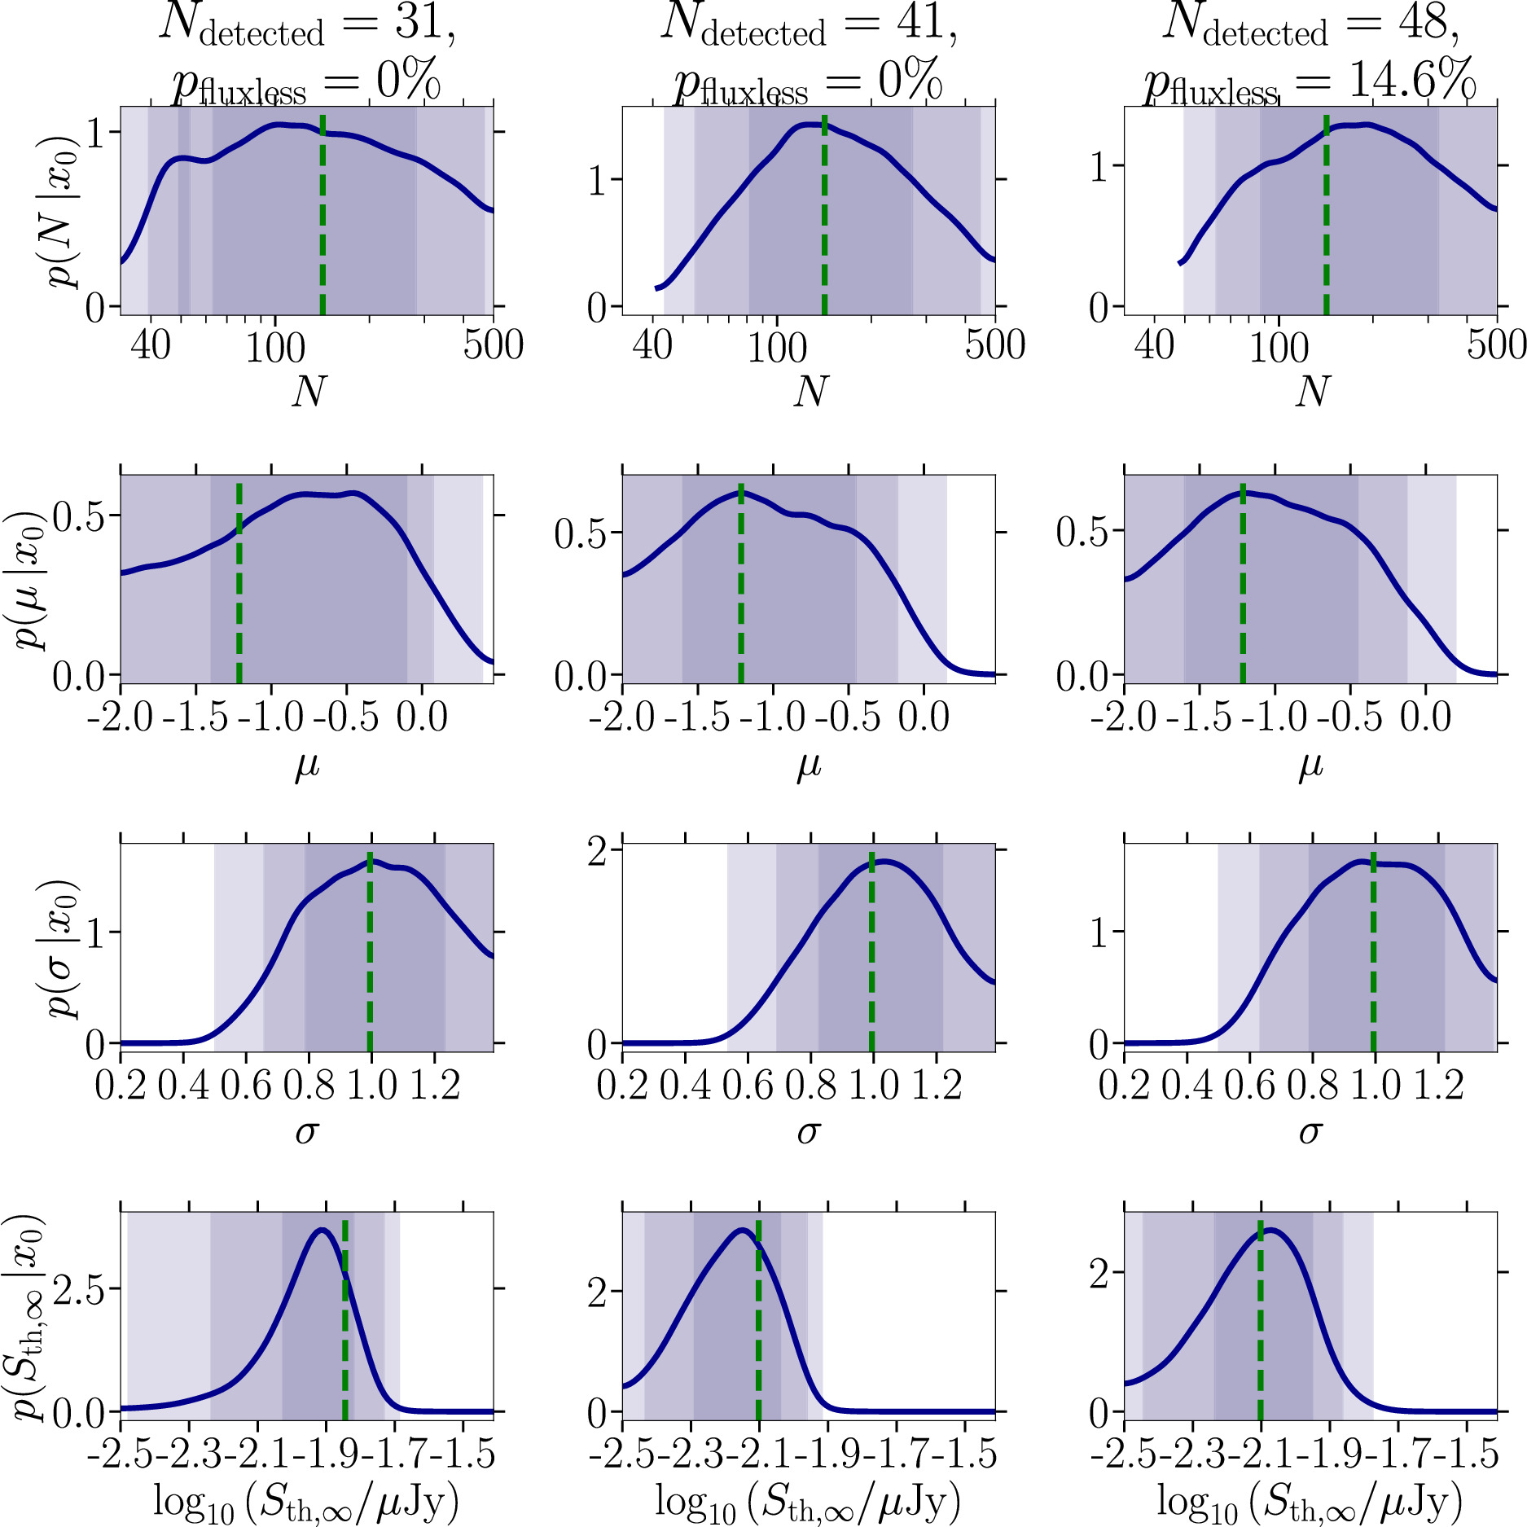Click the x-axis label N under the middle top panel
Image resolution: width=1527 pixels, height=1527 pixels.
(x=810, y=392)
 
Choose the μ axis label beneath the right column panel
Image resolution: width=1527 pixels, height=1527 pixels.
(x=1310, y=766)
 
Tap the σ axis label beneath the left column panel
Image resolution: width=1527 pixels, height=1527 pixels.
(x=306, y=1132)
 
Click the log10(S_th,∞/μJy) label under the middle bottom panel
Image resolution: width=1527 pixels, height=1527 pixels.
(x=808, y=1503)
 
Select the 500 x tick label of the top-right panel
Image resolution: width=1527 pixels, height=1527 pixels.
(x=1496, y=345)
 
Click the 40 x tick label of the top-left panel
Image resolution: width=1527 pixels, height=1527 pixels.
(x=151, y=345)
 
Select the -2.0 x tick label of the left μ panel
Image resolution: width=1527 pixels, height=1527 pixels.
(x=125, y=717)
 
